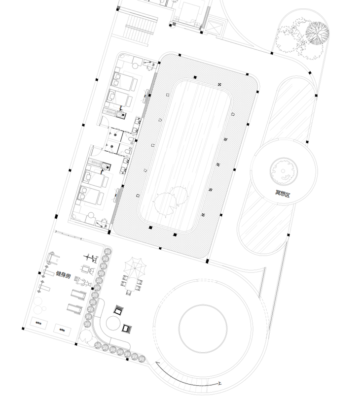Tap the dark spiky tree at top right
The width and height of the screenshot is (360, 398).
tap(317, 33)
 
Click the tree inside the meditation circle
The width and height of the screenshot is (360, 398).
tap(282, 169)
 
